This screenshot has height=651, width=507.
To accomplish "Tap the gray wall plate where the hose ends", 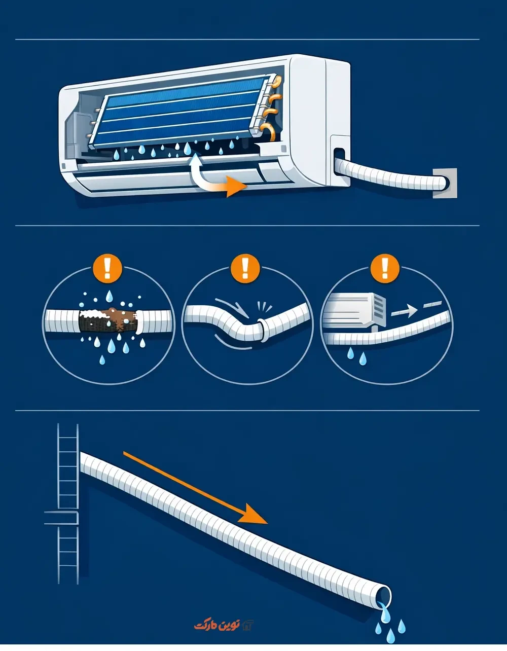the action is tap(445, 183).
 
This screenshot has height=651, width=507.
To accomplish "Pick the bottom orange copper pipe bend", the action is tap(268, 131).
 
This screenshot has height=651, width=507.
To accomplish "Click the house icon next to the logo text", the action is tap(247, 625).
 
